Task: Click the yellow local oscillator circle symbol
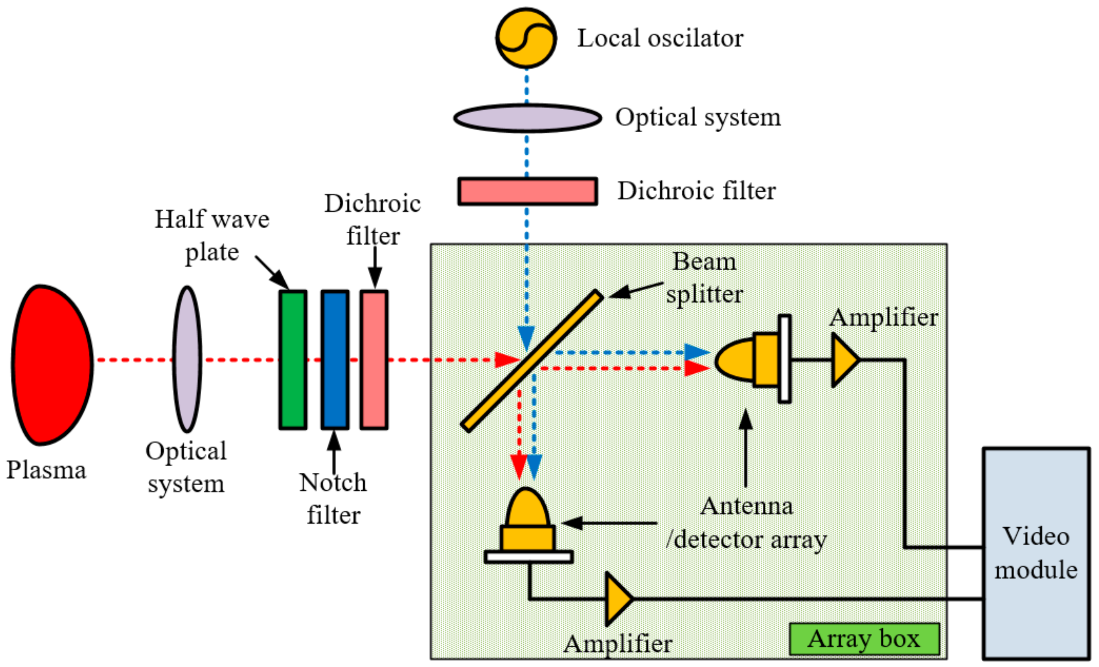526,38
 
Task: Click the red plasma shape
51,365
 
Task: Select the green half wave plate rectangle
293,360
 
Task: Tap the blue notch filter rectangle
335,360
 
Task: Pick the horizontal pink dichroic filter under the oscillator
527,191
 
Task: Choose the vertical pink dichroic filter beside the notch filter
374,360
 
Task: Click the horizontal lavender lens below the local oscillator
527,118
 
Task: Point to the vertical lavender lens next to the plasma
187,360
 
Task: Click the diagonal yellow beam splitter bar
532,361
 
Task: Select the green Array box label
864,639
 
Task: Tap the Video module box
1036,553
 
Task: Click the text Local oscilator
660,38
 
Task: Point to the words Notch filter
333,498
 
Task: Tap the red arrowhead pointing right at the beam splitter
508,360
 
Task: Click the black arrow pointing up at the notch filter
334,451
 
